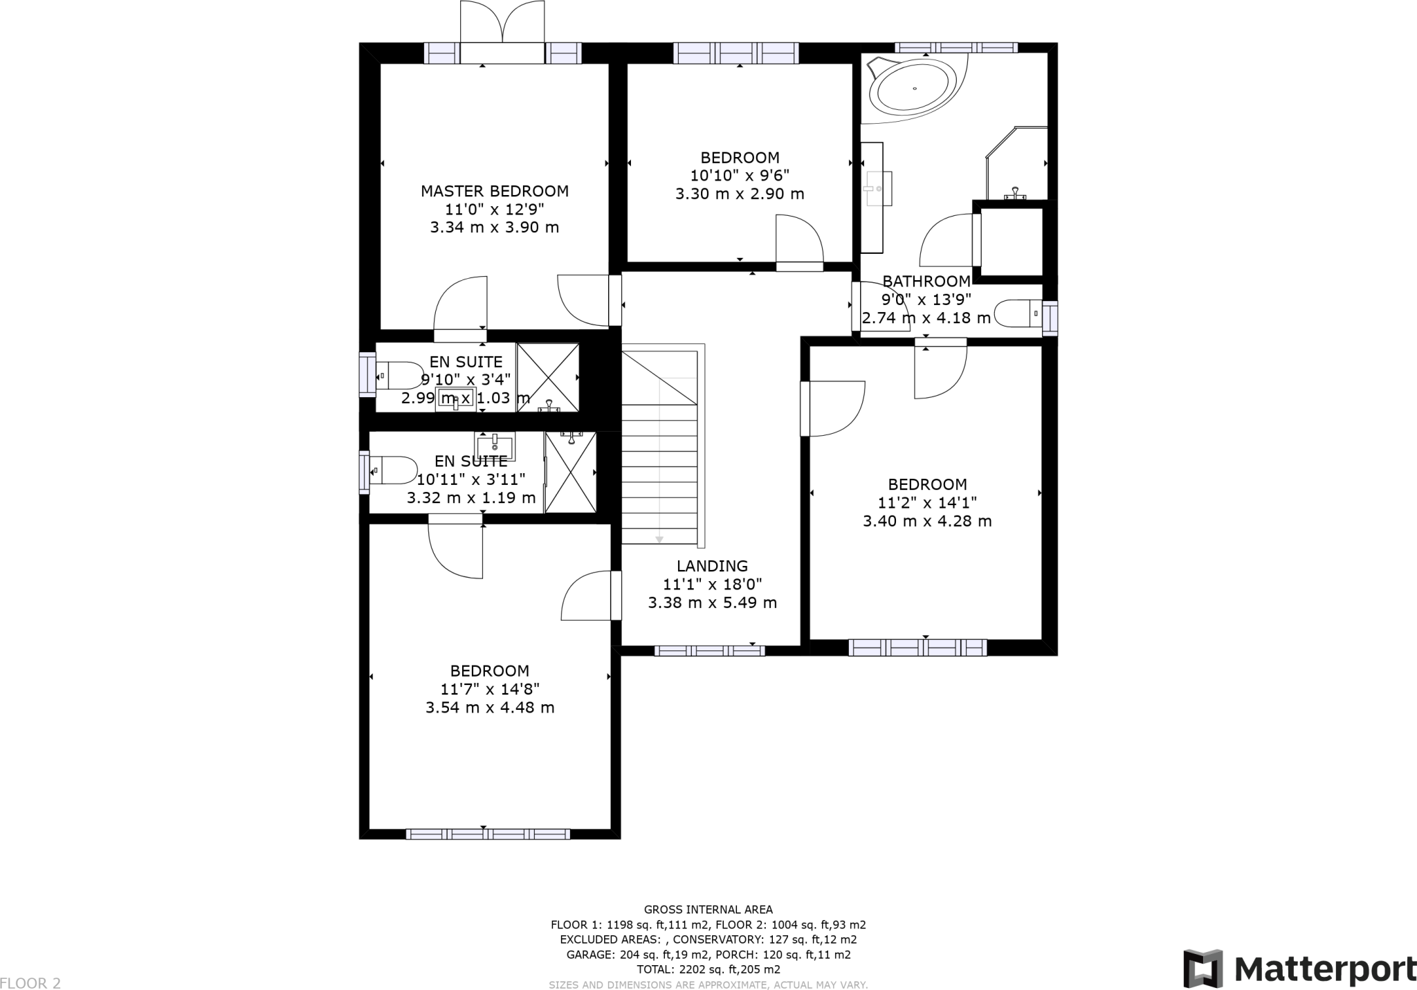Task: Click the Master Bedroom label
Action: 495,191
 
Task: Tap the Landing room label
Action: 712,566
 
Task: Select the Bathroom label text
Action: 926,282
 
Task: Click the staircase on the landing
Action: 659,450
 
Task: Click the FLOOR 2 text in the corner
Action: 30,983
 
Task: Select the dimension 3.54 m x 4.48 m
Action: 490,708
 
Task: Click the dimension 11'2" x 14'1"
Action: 927,503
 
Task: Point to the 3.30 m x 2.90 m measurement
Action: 740,194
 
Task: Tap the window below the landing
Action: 709,650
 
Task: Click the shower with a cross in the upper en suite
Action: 548,377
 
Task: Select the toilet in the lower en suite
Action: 392,470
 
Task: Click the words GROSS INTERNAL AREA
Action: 708,910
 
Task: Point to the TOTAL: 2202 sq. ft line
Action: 708,969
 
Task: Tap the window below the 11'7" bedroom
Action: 488,834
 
